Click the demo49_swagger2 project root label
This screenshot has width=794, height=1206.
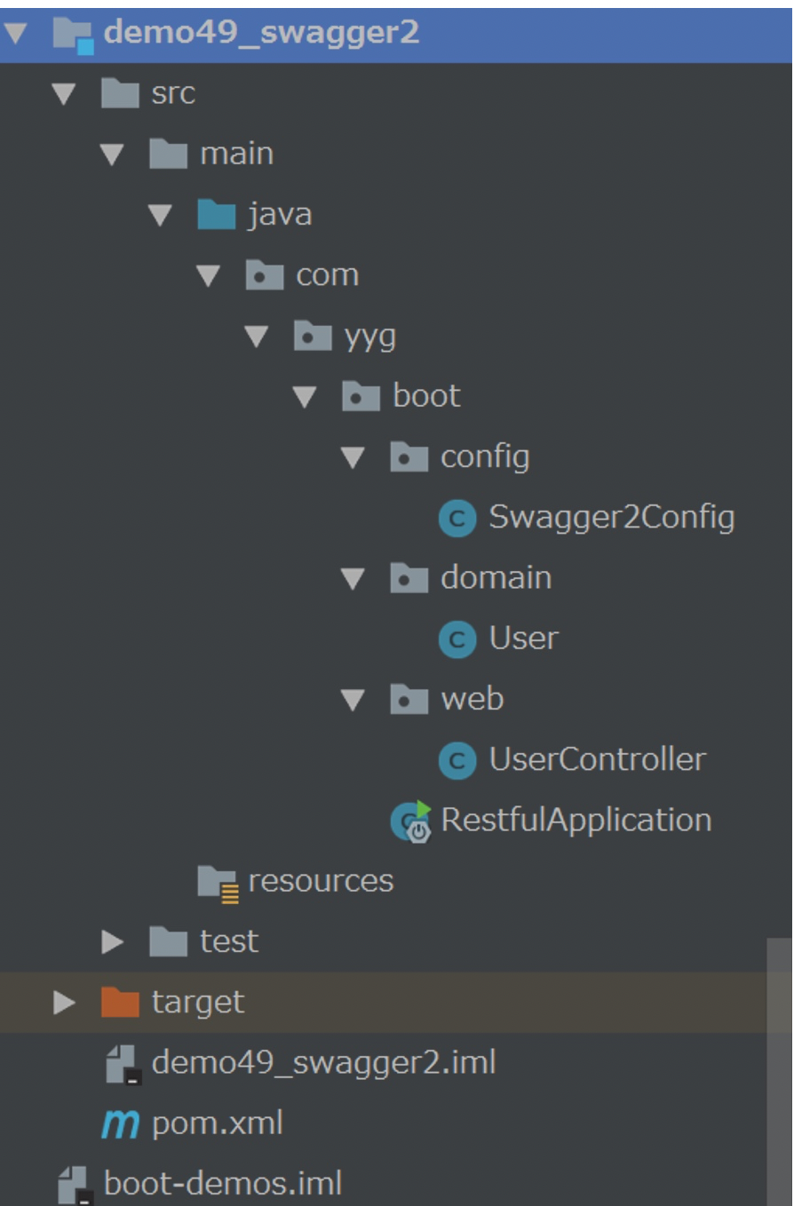point(261,34)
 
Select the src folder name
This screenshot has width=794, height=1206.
point(173,93)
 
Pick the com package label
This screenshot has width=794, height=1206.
point(327,275)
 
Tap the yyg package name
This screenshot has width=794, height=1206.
point(370,337)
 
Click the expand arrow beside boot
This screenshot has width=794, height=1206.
point(305,397)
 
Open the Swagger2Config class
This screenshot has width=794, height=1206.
point(611,518)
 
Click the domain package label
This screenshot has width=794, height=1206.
point(496,578)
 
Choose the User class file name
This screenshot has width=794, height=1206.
point(523,639)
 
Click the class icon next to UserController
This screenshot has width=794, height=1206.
point(457,760)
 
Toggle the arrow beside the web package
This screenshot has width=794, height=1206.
point(353,700)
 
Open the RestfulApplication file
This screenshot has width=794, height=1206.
point(576,820)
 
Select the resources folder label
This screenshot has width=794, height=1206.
point(321,880)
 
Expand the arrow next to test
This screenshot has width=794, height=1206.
point(113,941)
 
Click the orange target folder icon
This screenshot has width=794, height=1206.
point(120,1003)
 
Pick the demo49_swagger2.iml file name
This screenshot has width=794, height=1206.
point(323,1062)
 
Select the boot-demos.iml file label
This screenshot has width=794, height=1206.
point(223,1184)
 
